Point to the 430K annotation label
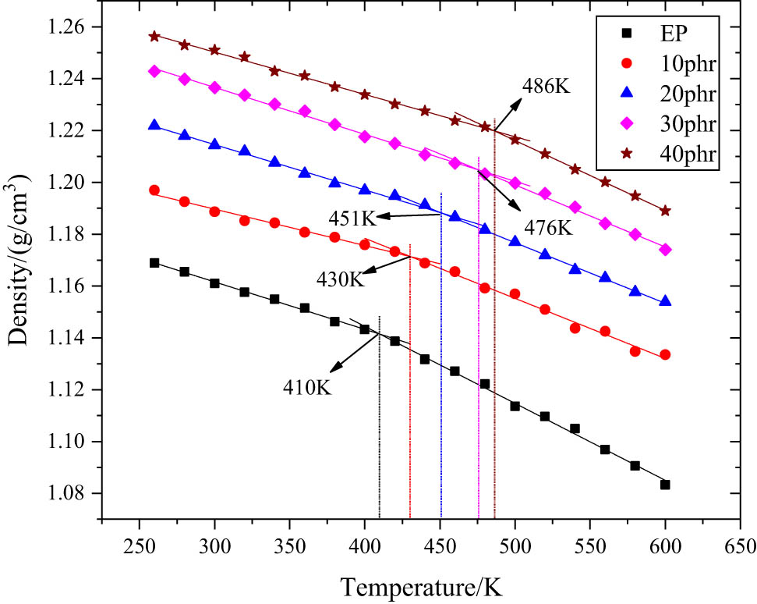(341, 279)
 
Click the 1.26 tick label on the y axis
(75, 27)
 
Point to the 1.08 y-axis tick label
(75, 494)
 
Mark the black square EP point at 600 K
(665, 485)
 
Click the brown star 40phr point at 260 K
(154, 36)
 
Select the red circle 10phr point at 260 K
(154, 190)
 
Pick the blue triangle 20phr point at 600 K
(665, 300)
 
